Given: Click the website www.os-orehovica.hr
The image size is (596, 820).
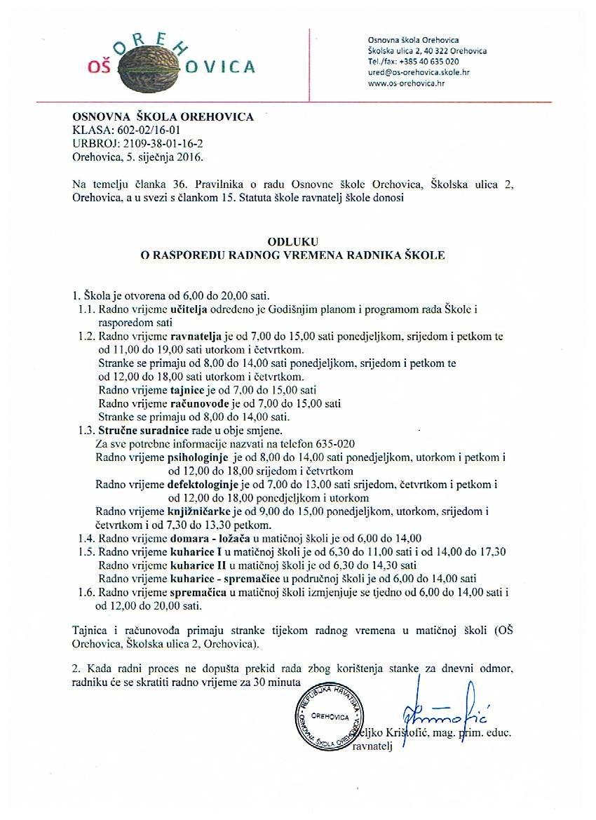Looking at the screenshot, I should tap(407, 83).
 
